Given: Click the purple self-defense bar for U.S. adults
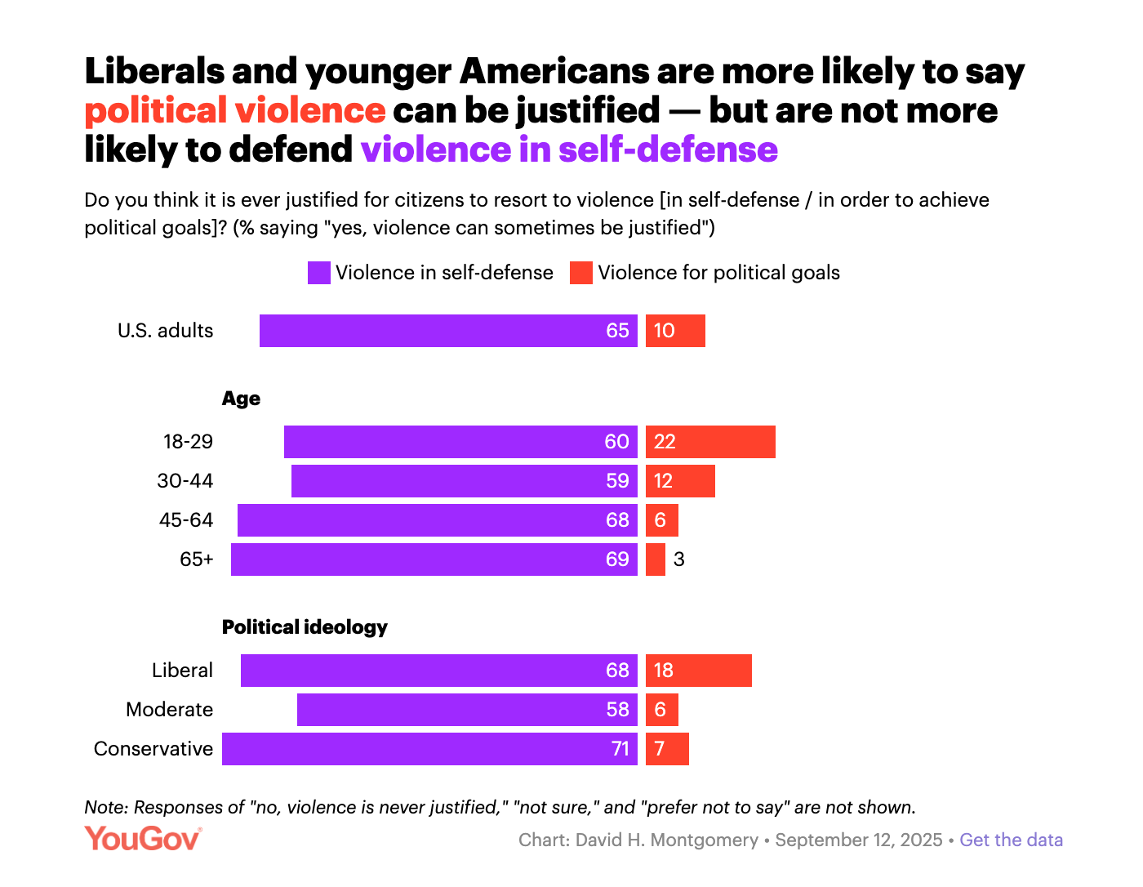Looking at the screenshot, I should [x=448, y=331].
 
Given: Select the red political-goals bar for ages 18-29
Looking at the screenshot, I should [x=710, y=442].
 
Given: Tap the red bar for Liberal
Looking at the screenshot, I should [x=699, y=671].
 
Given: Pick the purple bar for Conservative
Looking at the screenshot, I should [x=429, y=749].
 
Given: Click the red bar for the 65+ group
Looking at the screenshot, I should [x=656, y=559].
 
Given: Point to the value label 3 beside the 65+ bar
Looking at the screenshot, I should [x=678, y=559].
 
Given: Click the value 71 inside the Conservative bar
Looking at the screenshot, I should [x=620, y=749].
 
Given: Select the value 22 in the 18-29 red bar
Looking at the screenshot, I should [x=665, y=442].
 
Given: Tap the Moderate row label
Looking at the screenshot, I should [x=169, y=710].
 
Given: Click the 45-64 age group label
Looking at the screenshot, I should [x=186, y=520].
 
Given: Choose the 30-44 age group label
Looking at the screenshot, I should [x=185, y=481].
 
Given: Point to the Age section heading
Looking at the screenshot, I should [x=241, y=399].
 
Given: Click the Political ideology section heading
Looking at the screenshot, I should [x=305, y=627].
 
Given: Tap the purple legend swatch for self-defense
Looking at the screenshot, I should [x=318, y=273].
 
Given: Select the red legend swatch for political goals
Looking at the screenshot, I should [x=580, y=273].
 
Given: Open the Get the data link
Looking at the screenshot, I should [x=1011, y=840].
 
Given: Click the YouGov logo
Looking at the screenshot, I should [x=143, y=839].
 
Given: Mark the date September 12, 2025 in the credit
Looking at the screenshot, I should [x=858, y=840].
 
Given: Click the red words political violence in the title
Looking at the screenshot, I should [x=235, y=111].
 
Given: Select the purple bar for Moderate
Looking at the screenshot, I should [x=467, y=710].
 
